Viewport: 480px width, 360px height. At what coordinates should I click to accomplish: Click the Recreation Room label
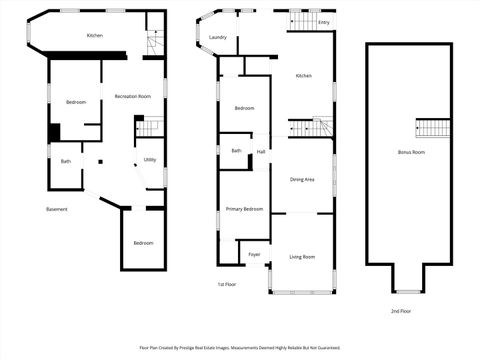click(x=132, y=96)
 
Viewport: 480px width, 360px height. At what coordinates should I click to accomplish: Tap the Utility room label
click(x=149, y=159)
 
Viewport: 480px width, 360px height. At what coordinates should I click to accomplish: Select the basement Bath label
click(x=66, y=161)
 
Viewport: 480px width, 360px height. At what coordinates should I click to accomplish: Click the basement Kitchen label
click(x=95, y=36)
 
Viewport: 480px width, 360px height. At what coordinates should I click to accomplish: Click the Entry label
click(x=323, y=21)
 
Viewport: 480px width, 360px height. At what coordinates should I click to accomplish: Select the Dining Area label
click(x=302, y=179)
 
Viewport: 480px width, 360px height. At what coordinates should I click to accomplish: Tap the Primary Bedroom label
click(x=244, y=208)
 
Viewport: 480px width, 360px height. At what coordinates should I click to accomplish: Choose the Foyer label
click(x=254, y=255)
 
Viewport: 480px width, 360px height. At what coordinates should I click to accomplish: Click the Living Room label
click(x=302, y=257)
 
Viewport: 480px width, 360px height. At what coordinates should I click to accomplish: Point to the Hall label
click(x=261, y=151)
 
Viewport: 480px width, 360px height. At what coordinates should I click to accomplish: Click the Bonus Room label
click(x=411, y=152)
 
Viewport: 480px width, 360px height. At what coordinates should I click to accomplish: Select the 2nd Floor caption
click(x=400, y=311)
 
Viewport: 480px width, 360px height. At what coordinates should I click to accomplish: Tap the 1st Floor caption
click(x=227, y=284)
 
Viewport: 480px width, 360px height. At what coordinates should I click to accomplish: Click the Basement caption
click(x=57, y=208)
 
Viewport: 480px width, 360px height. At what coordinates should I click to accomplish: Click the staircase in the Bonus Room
click(x=434, y=128)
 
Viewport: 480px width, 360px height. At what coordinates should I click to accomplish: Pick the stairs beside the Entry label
click(x=303, y=20)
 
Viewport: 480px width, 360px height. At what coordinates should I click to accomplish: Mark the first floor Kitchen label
click(x=303, y=76)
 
